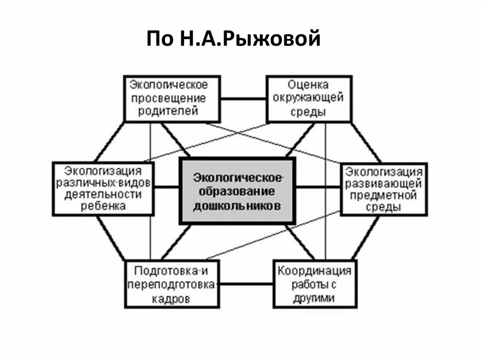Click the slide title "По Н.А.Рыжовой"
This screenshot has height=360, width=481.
point(233,38)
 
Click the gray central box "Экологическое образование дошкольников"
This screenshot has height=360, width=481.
point(237,191)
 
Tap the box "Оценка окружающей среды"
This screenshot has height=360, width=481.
point(309,99)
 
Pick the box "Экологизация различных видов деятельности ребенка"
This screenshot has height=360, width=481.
point(103,188)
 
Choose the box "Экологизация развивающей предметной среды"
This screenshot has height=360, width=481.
point(384,188)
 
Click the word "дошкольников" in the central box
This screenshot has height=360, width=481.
point(237,206)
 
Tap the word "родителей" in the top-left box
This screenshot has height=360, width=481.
point(168,112)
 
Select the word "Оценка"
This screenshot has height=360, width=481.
point(309,85)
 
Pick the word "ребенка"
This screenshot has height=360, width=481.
point(103,207)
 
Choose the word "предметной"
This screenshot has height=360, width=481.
point(384,194)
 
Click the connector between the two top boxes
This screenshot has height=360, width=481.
point(243,99)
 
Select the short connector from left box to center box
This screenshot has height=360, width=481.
point(167,188)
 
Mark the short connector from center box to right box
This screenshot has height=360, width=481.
point(318,188)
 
